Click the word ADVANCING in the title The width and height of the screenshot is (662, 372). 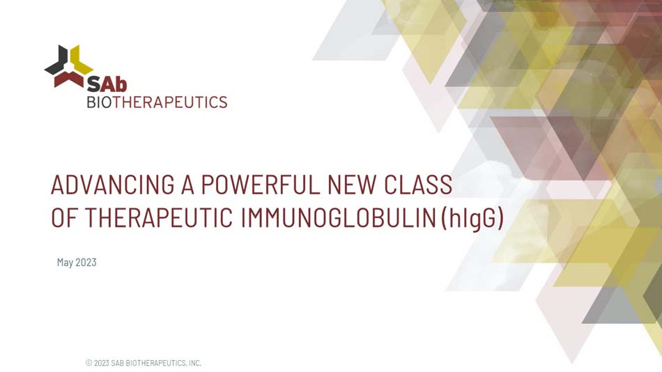[x=112, y=185]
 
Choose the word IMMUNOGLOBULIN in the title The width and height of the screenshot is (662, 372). [x=338, y=218]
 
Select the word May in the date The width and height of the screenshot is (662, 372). [x=65, y=263]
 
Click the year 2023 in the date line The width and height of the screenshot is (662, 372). [x=86, y=263]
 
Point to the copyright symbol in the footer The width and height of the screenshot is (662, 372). [x=88, y=363]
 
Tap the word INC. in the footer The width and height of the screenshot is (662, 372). [x=194, y=363]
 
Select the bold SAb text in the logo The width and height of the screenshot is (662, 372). [x=107, y=84]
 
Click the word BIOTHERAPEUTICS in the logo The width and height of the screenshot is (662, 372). [x=157, y=102]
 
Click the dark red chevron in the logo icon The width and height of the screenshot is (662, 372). [x=69, y=79]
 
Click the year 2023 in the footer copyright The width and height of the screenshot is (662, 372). [x=102, y=363]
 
